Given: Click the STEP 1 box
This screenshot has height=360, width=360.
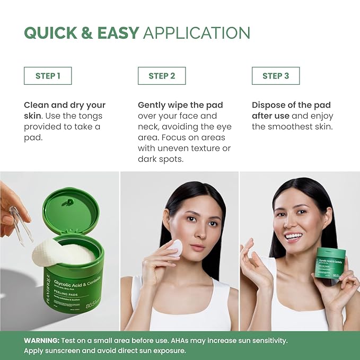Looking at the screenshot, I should click(x=48, y=76).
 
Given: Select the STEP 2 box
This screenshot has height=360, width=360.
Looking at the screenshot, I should click(x=162, y=76).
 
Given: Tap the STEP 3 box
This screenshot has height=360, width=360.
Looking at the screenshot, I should click(x=276, y=76).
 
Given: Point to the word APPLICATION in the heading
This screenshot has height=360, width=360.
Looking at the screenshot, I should click(x=196, y=33).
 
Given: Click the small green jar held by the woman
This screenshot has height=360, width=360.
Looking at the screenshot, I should click(x=329, y=263).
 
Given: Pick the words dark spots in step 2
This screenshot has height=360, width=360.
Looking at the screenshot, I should click(x=161, y=159).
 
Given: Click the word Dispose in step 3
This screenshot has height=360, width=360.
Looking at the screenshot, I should click(x=269, y=105).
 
